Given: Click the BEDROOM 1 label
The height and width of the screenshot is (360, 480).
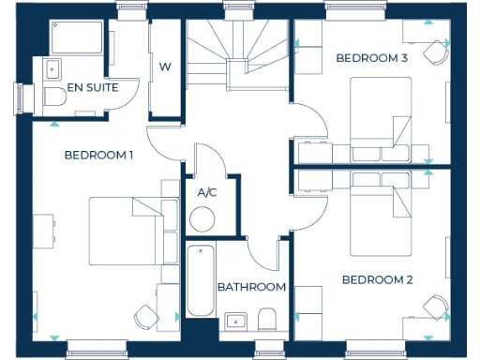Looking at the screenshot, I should click(x=97, y=155).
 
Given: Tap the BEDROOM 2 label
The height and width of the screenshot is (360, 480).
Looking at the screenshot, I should click(x=377, y=279).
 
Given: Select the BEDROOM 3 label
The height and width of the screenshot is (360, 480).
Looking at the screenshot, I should click(x=372, y=58).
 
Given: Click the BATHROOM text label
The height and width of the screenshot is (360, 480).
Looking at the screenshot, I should click(x=251, y=287).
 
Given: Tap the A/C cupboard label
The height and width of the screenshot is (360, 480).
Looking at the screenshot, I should click(x=206, y=193).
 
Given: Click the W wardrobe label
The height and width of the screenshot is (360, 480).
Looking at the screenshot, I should click(x=165, y=67).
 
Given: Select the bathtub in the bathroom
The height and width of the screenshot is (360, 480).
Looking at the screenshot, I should click(x=201, y=280).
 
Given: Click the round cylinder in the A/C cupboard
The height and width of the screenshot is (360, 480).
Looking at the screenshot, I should click(x=202, y=219).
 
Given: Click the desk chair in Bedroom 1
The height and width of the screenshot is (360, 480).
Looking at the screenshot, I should click(x=145, y=317).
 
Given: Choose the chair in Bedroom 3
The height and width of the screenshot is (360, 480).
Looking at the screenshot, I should click(x=434, y=52).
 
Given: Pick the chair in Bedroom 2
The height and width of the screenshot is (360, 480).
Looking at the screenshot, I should click(x=434, y=308).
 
